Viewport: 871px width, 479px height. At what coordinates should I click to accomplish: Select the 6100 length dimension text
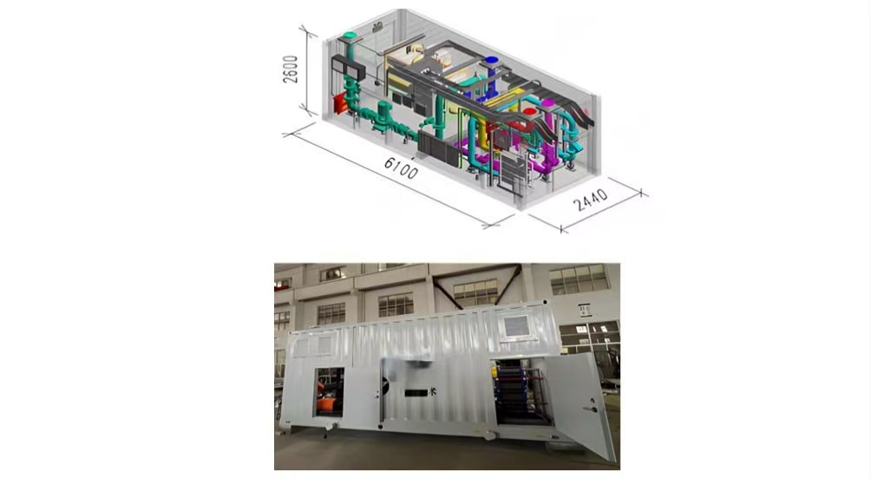pos(401,167)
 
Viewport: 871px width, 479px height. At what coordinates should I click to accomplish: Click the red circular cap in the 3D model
pos(529,112)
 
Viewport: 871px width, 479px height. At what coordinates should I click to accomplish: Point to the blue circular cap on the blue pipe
pos(492,61)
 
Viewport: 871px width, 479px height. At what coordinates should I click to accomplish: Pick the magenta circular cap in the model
pos(548,103)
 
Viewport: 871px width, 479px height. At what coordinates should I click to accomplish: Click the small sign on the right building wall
pos(585,308)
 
